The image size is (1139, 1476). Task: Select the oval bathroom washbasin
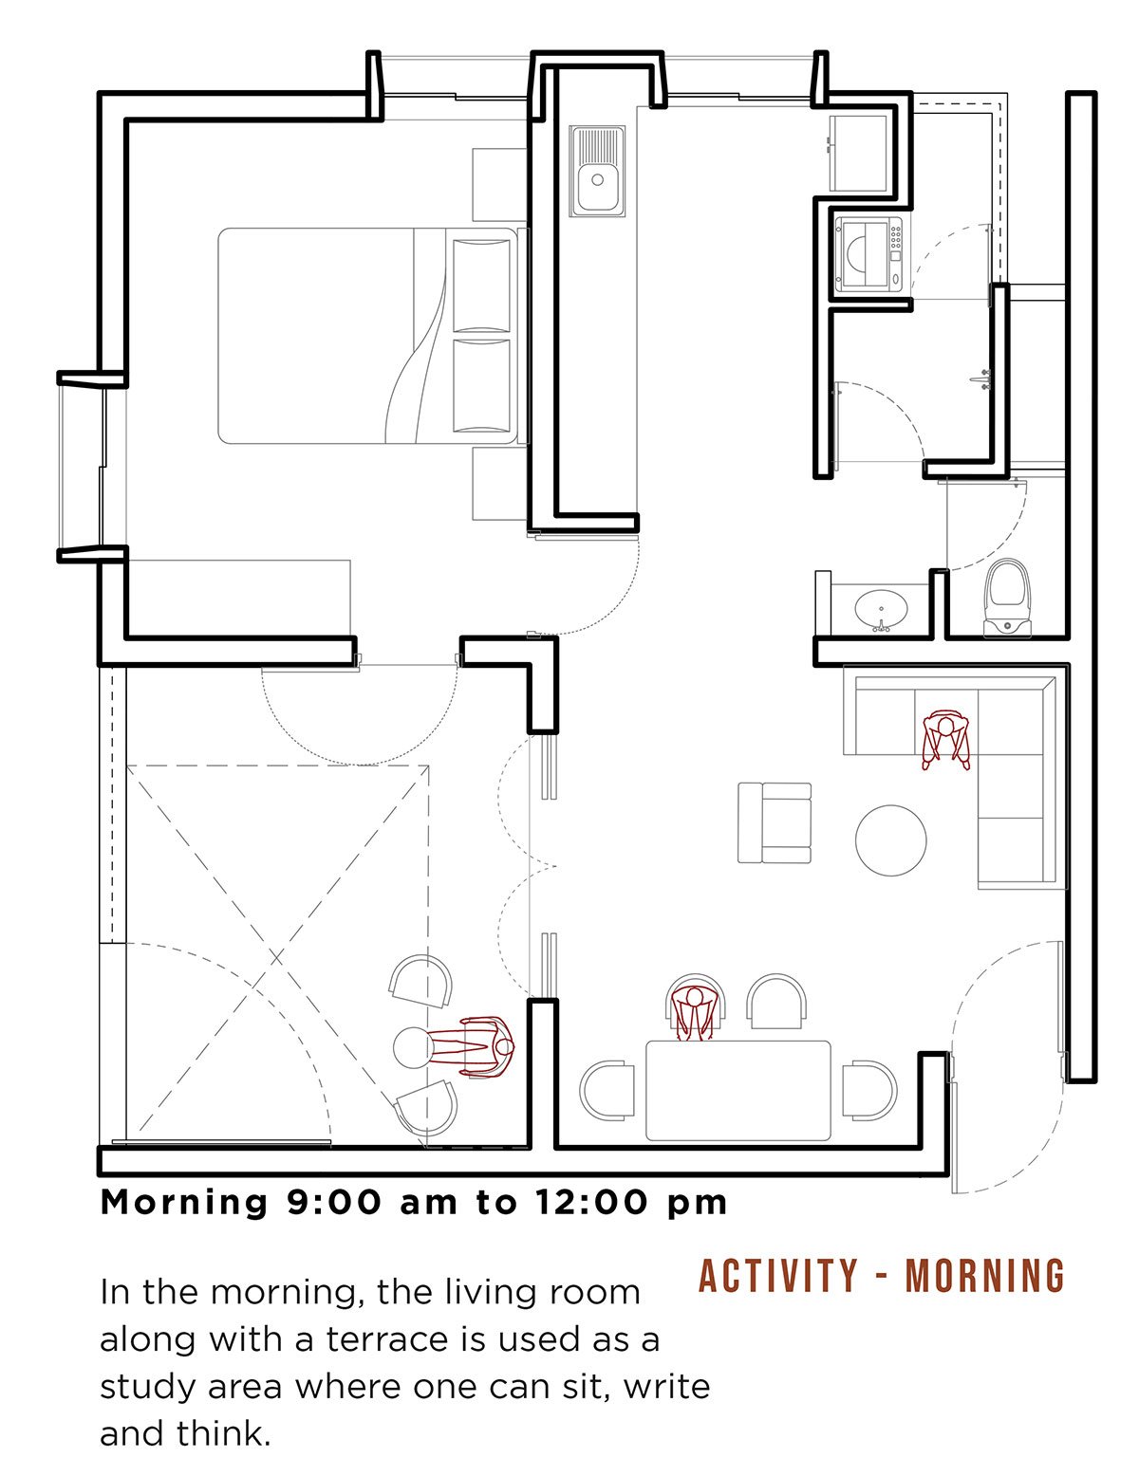pos(881,609)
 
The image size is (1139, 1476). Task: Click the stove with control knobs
pos(868,255)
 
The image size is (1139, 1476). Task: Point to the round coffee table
pos(890,840)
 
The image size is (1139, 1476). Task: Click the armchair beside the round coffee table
pos(775,822)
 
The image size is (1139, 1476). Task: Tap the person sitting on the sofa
pos(944,740)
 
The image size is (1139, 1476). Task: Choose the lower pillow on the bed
pos(481,386)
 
